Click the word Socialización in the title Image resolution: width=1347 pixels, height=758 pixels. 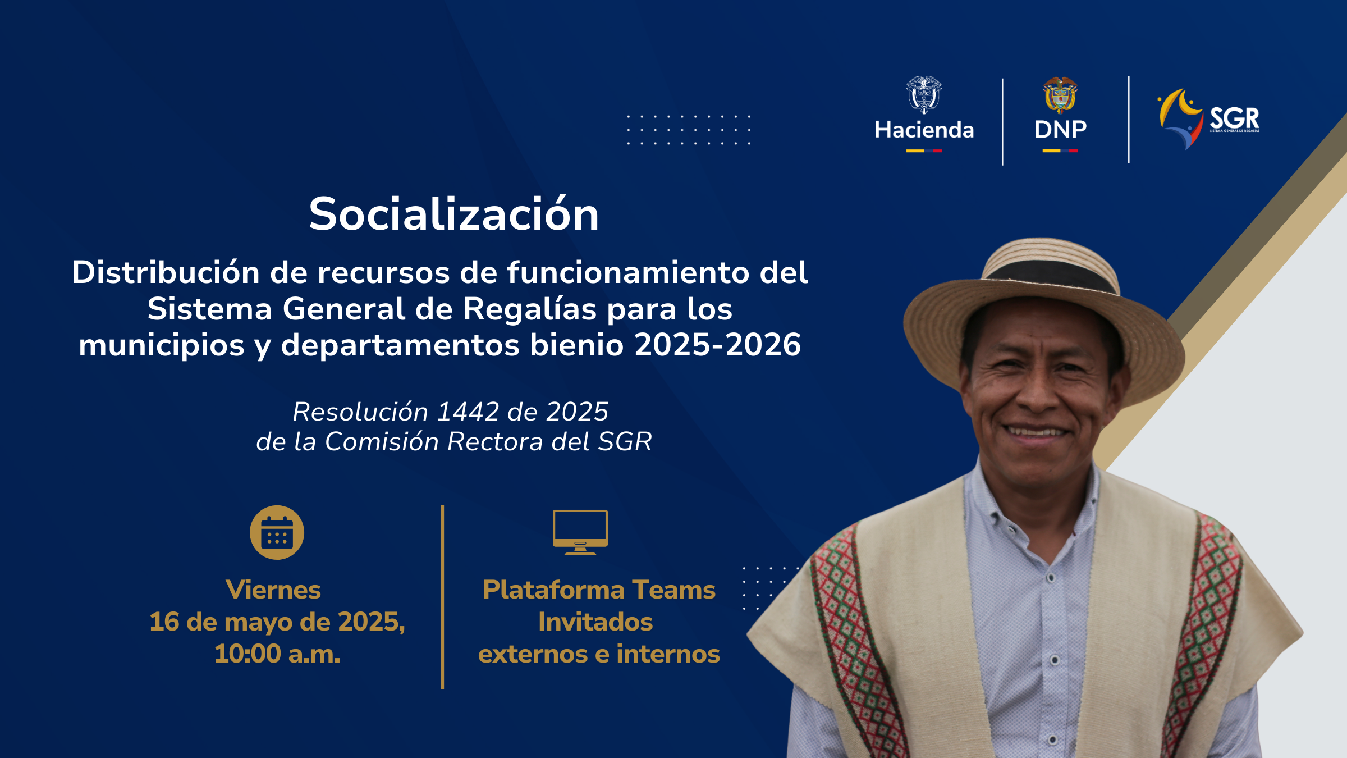pos(454,214)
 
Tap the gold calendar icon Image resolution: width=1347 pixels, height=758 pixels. pos(277,532)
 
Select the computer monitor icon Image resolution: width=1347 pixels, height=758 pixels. pos(580,532)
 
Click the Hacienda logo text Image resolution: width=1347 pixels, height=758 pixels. pos(924,130)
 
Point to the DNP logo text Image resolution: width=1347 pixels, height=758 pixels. pos(1060,130)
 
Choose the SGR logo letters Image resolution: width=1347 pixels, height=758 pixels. pos(1234,118)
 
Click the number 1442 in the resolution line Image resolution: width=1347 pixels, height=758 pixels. pos(468,412)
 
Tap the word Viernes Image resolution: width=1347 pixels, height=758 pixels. pos(273,590)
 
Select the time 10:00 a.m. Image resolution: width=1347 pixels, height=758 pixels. pos(277,654)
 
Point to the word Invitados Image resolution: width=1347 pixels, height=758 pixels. pos(595,622)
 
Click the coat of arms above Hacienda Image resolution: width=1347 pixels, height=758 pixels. pos(924,95)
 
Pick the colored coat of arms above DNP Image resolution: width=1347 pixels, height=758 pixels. pos(1060,95)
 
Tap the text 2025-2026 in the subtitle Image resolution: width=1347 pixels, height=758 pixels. pos(718,345)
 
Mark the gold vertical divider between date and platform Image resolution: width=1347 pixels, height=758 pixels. pos(442,597)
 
